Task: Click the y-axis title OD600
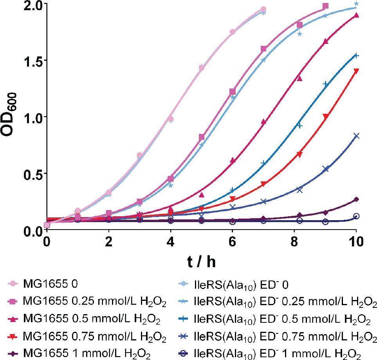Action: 11,117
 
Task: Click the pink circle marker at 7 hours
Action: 263,9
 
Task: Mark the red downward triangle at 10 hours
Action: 356,71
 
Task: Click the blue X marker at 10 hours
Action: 356,136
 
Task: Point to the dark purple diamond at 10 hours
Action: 356,199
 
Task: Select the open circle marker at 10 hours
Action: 356,216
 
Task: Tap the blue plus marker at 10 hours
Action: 356,55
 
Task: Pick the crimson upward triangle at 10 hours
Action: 356,15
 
